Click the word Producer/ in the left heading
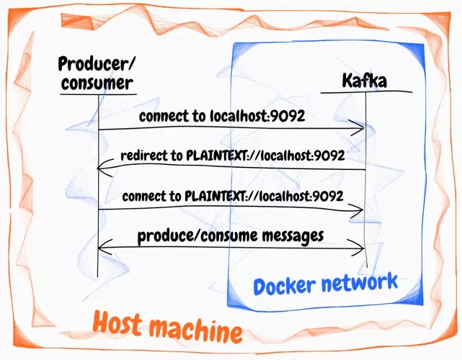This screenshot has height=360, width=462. (x=97, y=64)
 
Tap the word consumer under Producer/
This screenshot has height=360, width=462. (x=97, y=83)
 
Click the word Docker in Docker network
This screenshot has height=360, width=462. (x=285, y=285)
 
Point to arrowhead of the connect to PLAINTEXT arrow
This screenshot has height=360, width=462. (x=358, y=209)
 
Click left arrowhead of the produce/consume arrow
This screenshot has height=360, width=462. (x=102, y=248)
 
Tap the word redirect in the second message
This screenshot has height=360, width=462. (x=141, y=155)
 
